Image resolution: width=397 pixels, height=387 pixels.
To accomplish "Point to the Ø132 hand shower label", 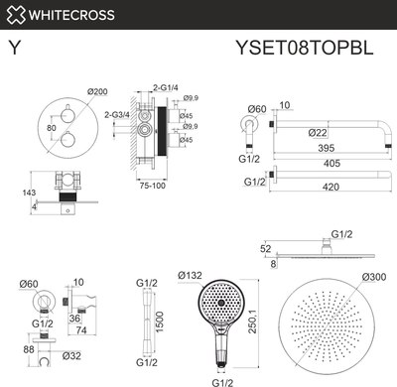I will click(x=192, y=274).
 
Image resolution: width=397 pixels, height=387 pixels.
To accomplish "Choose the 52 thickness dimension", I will click(x=264, y=248).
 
